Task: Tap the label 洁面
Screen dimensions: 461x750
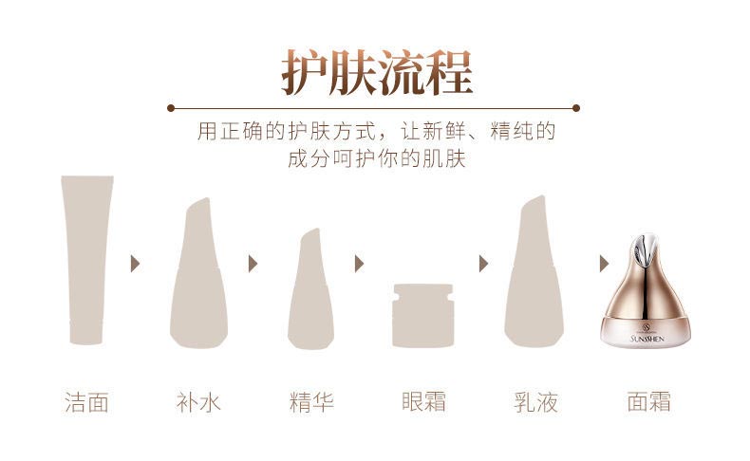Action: point(86,402)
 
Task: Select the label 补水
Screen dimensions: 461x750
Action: point(198,402)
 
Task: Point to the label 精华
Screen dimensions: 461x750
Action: point(311,402)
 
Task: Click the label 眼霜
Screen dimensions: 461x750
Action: point(423,402)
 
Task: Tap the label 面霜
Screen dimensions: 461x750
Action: point(648,402)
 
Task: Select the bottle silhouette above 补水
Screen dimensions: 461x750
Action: point(198,275)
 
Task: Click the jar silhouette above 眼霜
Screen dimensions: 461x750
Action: point(423,315)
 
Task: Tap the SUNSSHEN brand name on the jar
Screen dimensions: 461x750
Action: point(650,336)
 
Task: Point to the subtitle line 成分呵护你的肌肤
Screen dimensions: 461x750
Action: point(376,158)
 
